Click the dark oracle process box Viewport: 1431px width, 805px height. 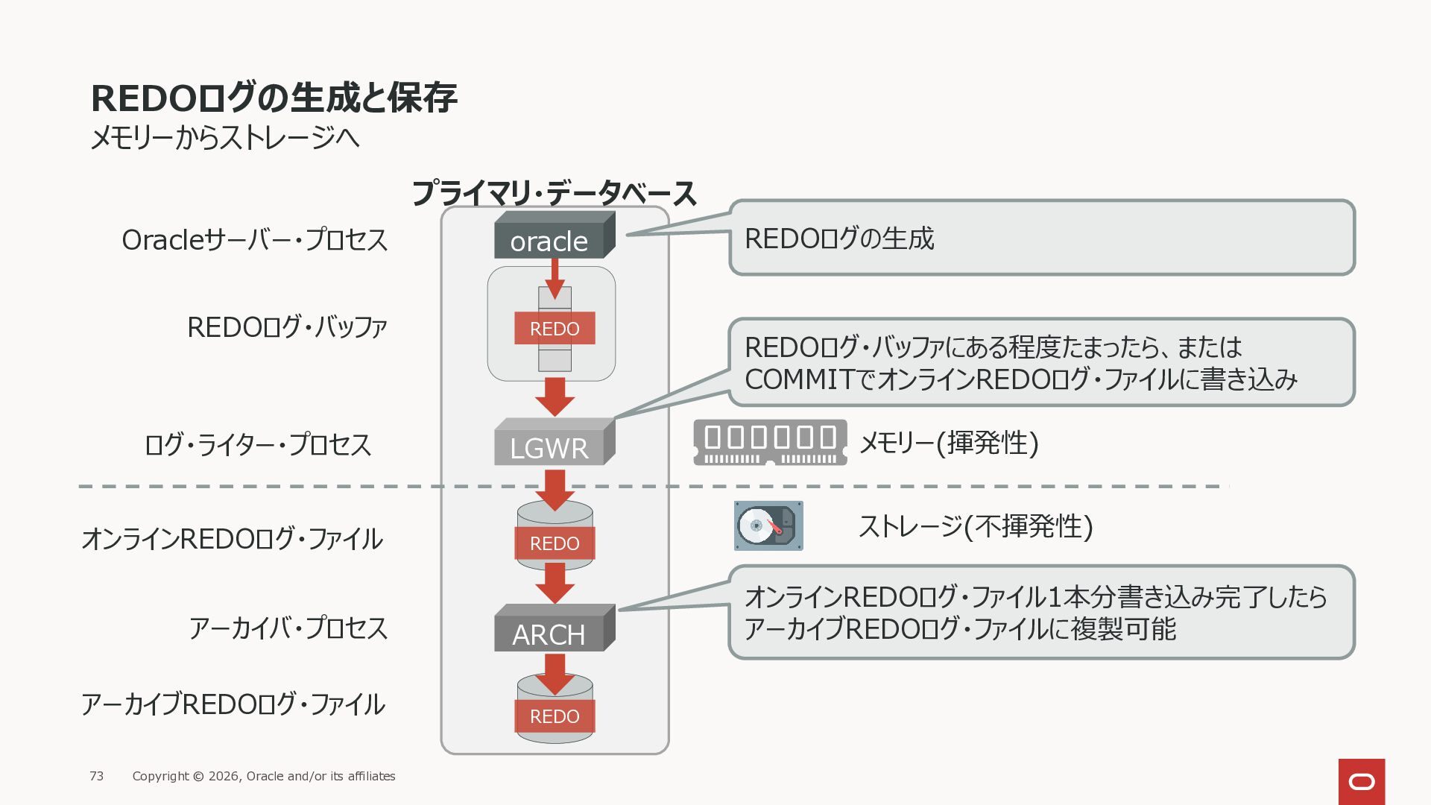(x=555, y=236)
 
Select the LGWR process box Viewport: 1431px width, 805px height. (x=555, y=442)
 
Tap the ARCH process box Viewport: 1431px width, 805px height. (x=555, y=628)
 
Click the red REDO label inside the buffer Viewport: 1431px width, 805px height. (x=555, y=328)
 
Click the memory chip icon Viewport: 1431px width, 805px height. (x=770, y=443)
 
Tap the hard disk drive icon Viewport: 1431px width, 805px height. (x=768, y=526)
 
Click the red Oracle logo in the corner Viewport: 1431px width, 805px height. (x=1362, y=782)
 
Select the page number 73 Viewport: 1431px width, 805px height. (x=97, y=776)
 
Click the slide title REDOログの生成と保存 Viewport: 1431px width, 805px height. (x=274, y=98)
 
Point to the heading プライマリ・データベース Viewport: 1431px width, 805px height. (x=554, y=194)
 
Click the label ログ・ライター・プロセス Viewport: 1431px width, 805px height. (x=258, y=445)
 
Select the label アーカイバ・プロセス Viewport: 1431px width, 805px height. (x=288, y=628)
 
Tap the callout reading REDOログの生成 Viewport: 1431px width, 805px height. (x=1041, y=238)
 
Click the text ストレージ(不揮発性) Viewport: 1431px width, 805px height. (x=976, y=526)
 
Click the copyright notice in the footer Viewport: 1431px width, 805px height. (x=264, y=776)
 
